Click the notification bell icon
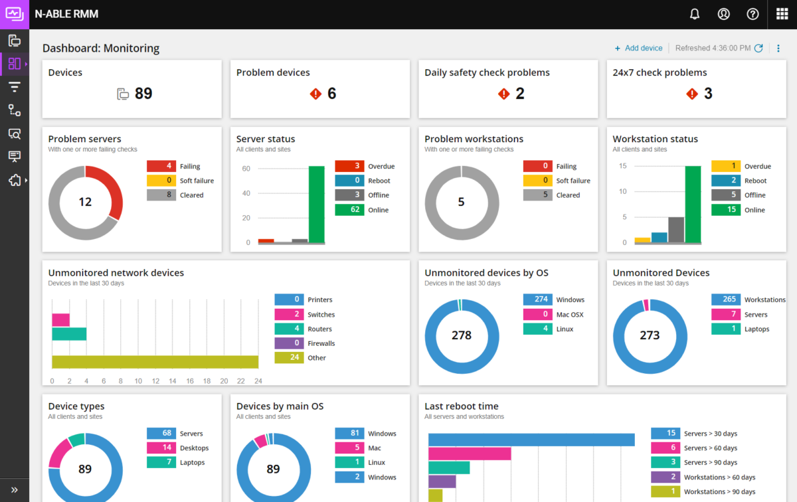point(695,14)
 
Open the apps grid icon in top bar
point(782,14)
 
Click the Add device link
point(638,48)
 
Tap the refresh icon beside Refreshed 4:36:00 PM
point(758,48)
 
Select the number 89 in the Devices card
point(143,94)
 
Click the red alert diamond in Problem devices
point(315,94)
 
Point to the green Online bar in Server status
point(316,204)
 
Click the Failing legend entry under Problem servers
point(190,167)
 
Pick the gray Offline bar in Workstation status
point(676,230)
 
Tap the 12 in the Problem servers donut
point(85,202)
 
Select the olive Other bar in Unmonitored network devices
point(155,362)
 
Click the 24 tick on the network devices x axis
point(258,381)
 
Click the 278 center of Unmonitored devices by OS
point(462,335)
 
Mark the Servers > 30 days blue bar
point(531,440)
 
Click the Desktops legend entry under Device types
point(194,448)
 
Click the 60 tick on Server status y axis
point(246,169)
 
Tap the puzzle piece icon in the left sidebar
point(14,180)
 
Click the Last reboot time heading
point(462,406)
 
